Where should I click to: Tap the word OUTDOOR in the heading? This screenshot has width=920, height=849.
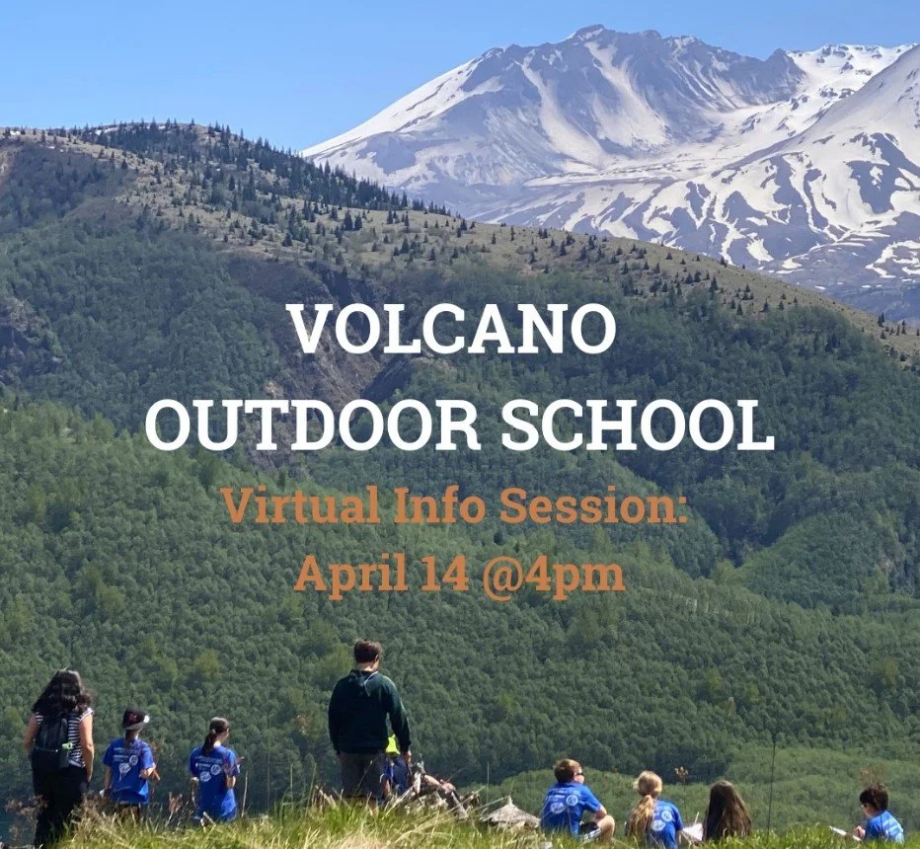coord(313,425)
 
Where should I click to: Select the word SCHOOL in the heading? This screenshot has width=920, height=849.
coord(637,425)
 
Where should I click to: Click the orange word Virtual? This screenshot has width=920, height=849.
coord(300,505)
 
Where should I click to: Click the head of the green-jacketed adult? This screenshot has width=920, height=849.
coord(367,654)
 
